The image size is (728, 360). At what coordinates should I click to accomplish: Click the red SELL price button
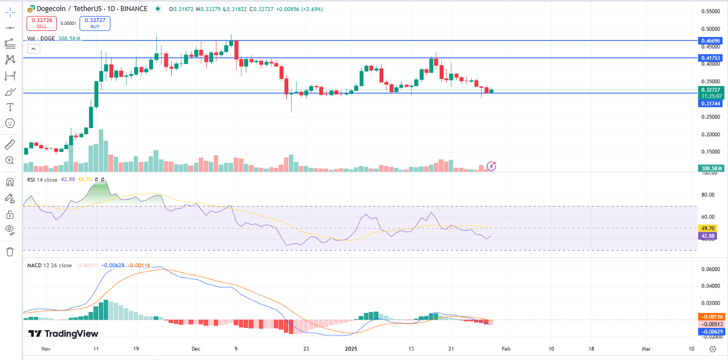pos(41,23)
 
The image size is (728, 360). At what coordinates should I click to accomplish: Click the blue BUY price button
pos(95,23)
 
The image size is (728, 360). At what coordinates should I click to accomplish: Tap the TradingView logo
pos(63,333)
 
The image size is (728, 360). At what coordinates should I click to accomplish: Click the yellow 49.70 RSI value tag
pos(708,228)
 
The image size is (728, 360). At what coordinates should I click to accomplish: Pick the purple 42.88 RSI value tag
pos(708,236)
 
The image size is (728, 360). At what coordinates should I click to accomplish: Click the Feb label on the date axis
pos(506,349)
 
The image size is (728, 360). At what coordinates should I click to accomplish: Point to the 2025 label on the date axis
pos(352,349)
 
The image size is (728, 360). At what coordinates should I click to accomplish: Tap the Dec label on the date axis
pos(196,349)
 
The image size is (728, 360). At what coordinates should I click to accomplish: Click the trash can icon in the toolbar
pos(9,252)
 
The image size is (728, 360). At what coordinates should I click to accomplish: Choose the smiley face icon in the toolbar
pos(9,123)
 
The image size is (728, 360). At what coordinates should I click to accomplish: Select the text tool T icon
pos(9,107)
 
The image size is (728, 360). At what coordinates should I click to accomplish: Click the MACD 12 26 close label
pos(49,265)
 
